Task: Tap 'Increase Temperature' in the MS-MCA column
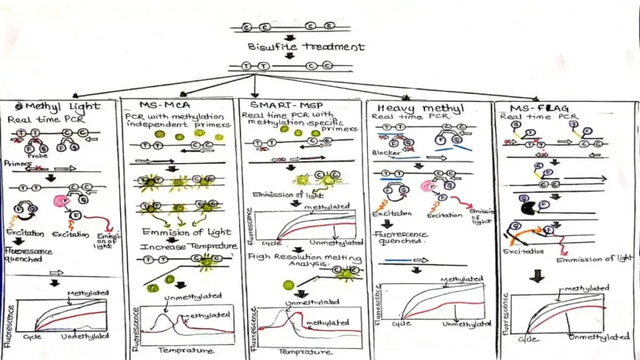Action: pyautogui.click(x=189, y=246)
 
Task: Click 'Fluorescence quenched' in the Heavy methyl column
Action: pyautogui.click(x=401, y=238)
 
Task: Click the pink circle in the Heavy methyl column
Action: pyautogui.click(x=427, y=186)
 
